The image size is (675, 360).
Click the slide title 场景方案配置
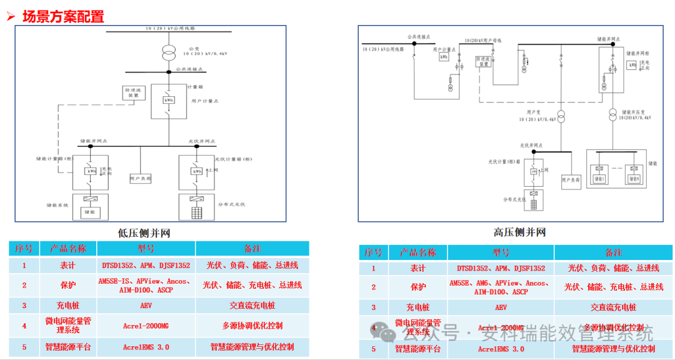click(63, 17)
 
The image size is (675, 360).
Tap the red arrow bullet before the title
click(11, 17)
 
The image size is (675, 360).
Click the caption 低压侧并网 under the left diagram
click(144, 233)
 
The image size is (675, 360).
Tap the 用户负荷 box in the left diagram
click(141, 179)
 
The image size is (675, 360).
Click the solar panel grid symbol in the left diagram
click(197, 212)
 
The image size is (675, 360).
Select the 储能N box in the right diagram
click(634, 179)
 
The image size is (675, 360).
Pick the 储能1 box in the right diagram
click(599, 179)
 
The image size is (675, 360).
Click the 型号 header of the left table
click(146, 249)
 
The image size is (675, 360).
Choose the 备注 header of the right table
click(613, 252)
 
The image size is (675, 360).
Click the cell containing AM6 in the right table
click(501, 287)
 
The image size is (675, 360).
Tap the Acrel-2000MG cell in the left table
click(146, 326)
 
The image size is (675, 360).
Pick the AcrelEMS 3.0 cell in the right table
click(501, 349)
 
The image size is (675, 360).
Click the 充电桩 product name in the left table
click(68, 306)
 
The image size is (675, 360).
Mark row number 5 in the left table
click(24, 347)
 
